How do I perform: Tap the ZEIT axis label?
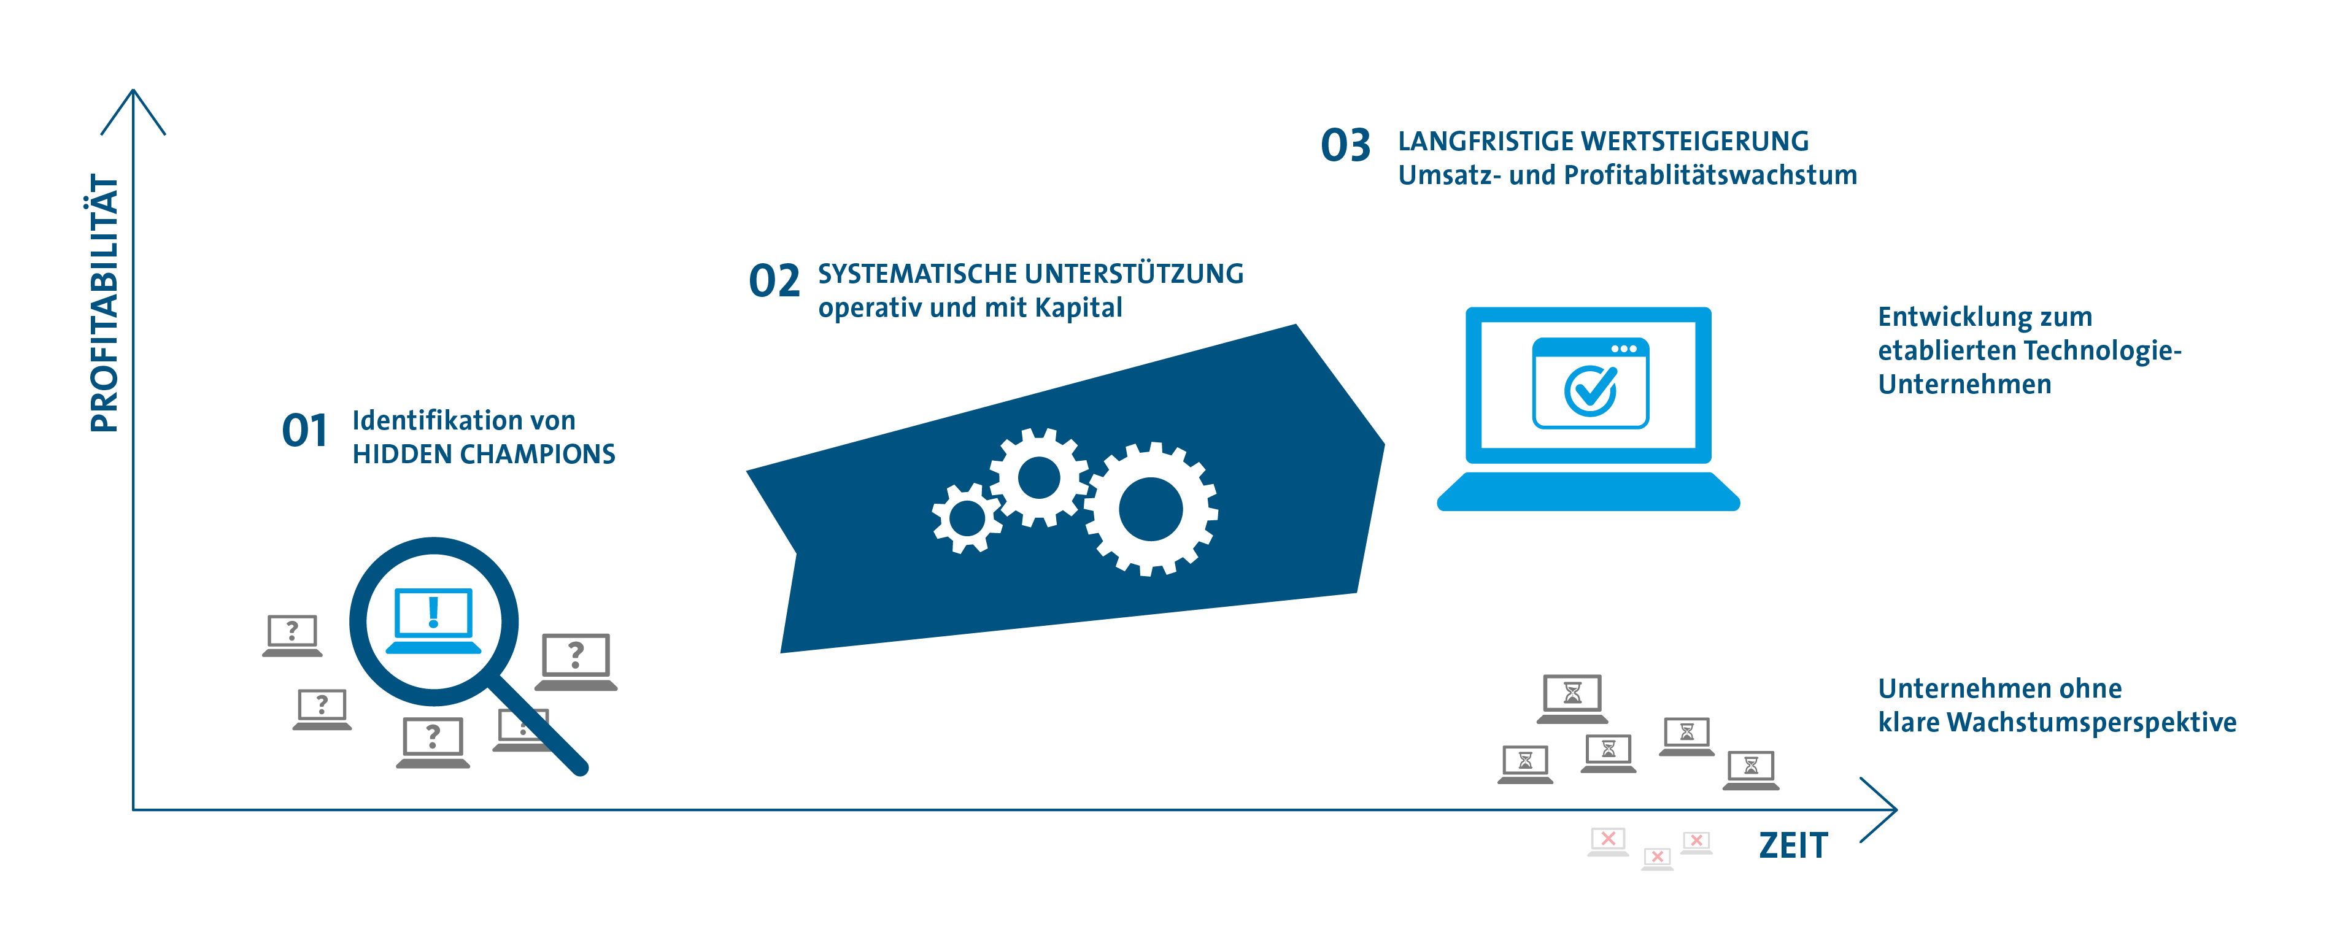pos(1793,845)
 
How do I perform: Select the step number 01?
pos(304,430)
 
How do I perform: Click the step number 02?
pos(774,281)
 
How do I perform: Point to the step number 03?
pos(1345,145)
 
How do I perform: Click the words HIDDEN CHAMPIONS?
pos(484,454)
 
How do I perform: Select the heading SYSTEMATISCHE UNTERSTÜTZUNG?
pos(1030,273)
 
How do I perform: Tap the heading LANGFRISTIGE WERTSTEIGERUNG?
pos(1603,141)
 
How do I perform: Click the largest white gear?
pos(1150,509)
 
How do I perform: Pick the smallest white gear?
pos(967,518)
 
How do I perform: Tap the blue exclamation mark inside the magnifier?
pos(434,612)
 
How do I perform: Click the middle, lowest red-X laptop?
pos(1657,857)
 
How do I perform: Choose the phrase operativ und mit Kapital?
pos(970,307)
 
